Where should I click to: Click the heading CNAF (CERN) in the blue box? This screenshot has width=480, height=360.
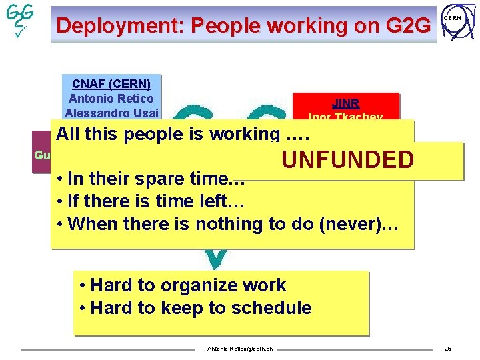(x=111, y=84)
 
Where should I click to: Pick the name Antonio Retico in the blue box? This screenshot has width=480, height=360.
(x=111, y=98)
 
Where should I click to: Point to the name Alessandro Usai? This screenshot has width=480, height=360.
(x=111, y=112)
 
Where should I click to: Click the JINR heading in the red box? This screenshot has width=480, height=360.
(x=345, y=103)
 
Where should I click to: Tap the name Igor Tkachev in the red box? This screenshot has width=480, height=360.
(x=345, y=117)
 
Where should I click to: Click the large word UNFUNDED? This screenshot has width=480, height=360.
(x=347, y=161)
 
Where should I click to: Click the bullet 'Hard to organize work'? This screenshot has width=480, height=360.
(x=182, y=285)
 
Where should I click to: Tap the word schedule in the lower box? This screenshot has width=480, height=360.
(x=277, y=308)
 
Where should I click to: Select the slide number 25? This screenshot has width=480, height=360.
(x=447, y=349)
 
